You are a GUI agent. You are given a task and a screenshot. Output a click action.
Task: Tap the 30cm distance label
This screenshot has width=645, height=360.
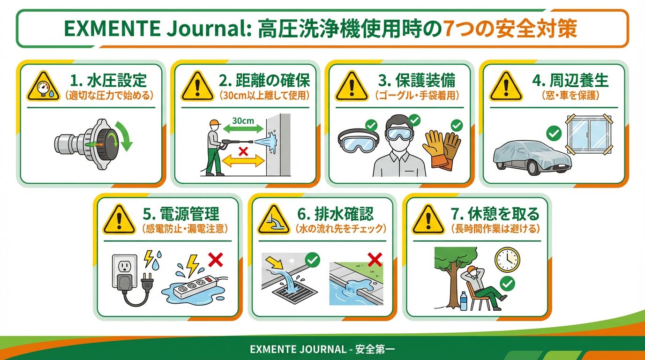[243, 120]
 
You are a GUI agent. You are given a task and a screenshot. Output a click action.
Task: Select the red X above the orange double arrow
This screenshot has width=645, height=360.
[243, 151]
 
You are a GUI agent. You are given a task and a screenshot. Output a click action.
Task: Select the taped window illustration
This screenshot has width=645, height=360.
[588, 135]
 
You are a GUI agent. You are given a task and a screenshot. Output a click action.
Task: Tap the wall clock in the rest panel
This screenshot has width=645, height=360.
[507, 259]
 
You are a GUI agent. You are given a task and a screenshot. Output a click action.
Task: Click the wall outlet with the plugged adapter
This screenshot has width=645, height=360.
[125, 270]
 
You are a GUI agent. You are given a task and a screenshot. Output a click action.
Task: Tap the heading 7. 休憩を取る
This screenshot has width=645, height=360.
[495, 214]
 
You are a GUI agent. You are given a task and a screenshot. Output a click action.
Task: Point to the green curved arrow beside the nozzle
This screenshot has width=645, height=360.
[124, 136]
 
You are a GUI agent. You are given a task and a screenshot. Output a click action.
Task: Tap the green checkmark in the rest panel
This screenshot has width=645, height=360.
[507, 284]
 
